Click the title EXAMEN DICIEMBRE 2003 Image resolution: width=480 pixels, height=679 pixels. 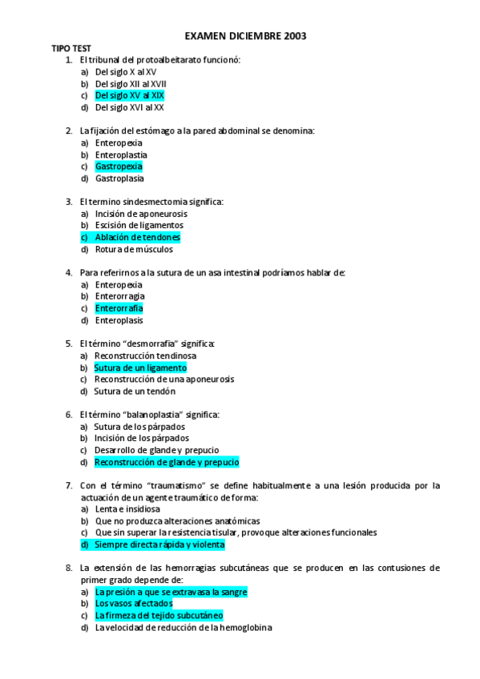pyautogui.click(x=245, y=36)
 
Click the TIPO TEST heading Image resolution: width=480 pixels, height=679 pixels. pyautogui.click(x=71, y=49)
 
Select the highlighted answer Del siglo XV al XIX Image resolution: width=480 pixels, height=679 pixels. pyautogui.click(x=129, y=95)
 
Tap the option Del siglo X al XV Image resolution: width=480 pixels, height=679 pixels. pyautogui.click(x=126, y=72)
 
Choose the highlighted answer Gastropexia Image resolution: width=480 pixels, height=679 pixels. pyautogui.click(x=119, y=167)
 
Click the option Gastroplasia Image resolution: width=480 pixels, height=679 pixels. pyautogui.click(x=119, y=179)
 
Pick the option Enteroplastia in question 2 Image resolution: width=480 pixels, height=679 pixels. pyautogui.click(x=121, y=155)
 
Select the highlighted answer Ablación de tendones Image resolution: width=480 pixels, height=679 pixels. pyautogui.click(x=137, y=238)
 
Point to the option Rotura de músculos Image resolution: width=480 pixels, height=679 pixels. pyautogui.click(x=133, y=249)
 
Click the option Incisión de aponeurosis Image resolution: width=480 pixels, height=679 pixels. pyautogui.click(x=141, y=214)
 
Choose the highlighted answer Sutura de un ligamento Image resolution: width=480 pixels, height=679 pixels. pyautogui.click(x=140, y=368)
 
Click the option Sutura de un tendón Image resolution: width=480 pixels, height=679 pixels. pyautogui.click(x=135, y=392)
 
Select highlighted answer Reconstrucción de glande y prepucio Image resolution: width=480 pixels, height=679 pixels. pyautogui.click(x=167, y=462)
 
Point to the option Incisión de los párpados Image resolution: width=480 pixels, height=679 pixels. pyautogui.click(x=142, y=438)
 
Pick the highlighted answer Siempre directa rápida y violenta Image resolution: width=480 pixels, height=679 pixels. pyautogui.click(x=159, y=544)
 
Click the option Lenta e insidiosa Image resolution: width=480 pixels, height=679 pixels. pyautogui.click(x=127, y=508)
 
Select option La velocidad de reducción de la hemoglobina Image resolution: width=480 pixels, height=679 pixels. pyautogui.click(x=184, y=628)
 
